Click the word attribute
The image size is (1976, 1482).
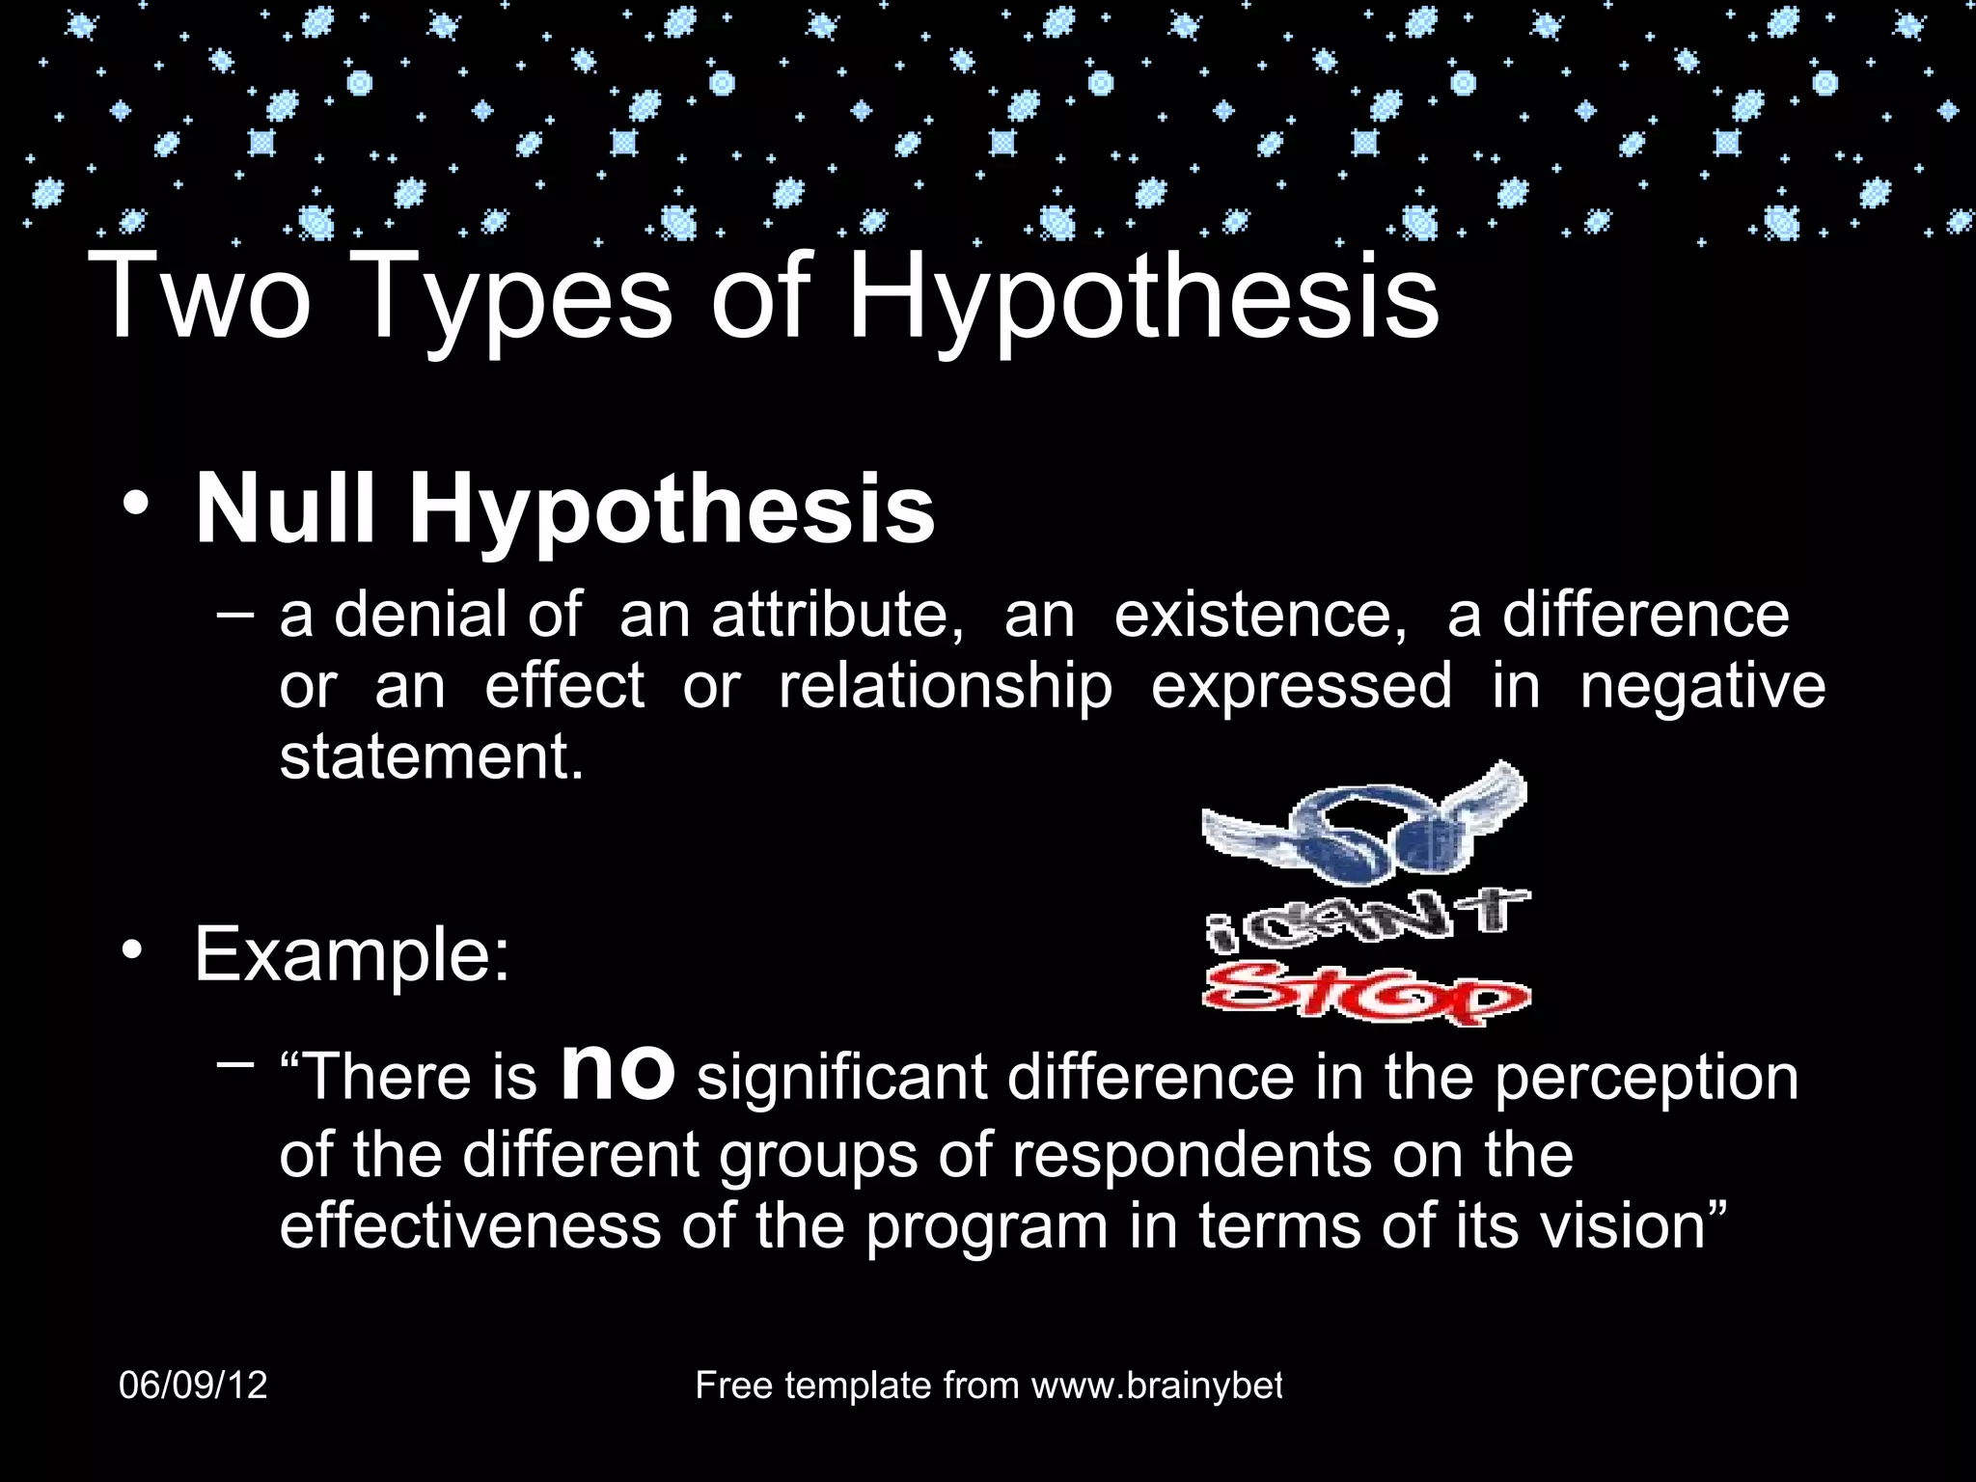coord(837,616)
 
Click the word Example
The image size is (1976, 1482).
coord(352,954)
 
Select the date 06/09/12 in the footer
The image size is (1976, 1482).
coord(193,1386)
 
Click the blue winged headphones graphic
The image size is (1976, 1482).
coord(1363,826)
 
